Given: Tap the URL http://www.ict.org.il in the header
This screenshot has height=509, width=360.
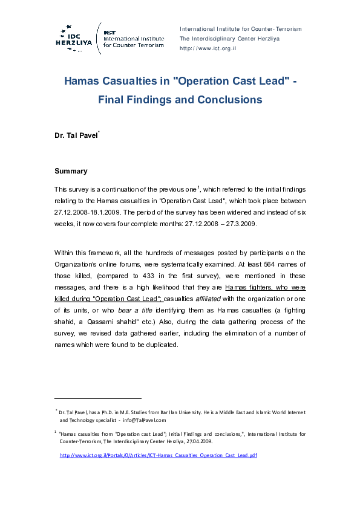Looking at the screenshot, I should [x=208, y=48].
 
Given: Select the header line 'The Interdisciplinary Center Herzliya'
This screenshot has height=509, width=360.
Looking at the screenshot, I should [x=229, y=39].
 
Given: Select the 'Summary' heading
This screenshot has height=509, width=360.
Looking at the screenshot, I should [x=71, y=171].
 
